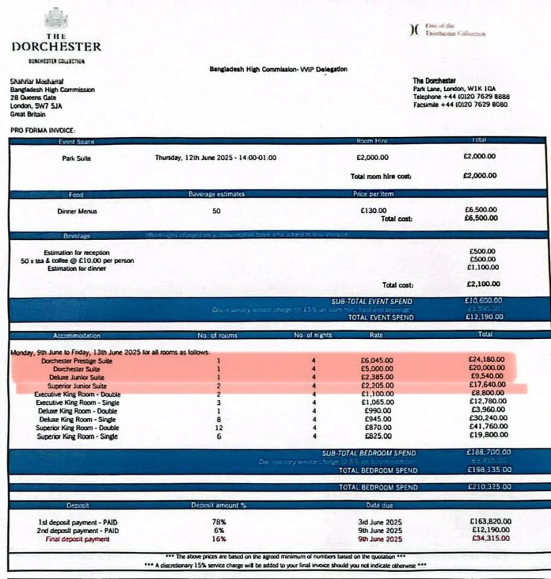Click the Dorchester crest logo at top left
(56, 18)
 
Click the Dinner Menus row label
(77, 211)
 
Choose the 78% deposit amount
(220, 522)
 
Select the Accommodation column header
(75, 335)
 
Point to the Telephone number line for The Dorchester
(461, 96)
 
